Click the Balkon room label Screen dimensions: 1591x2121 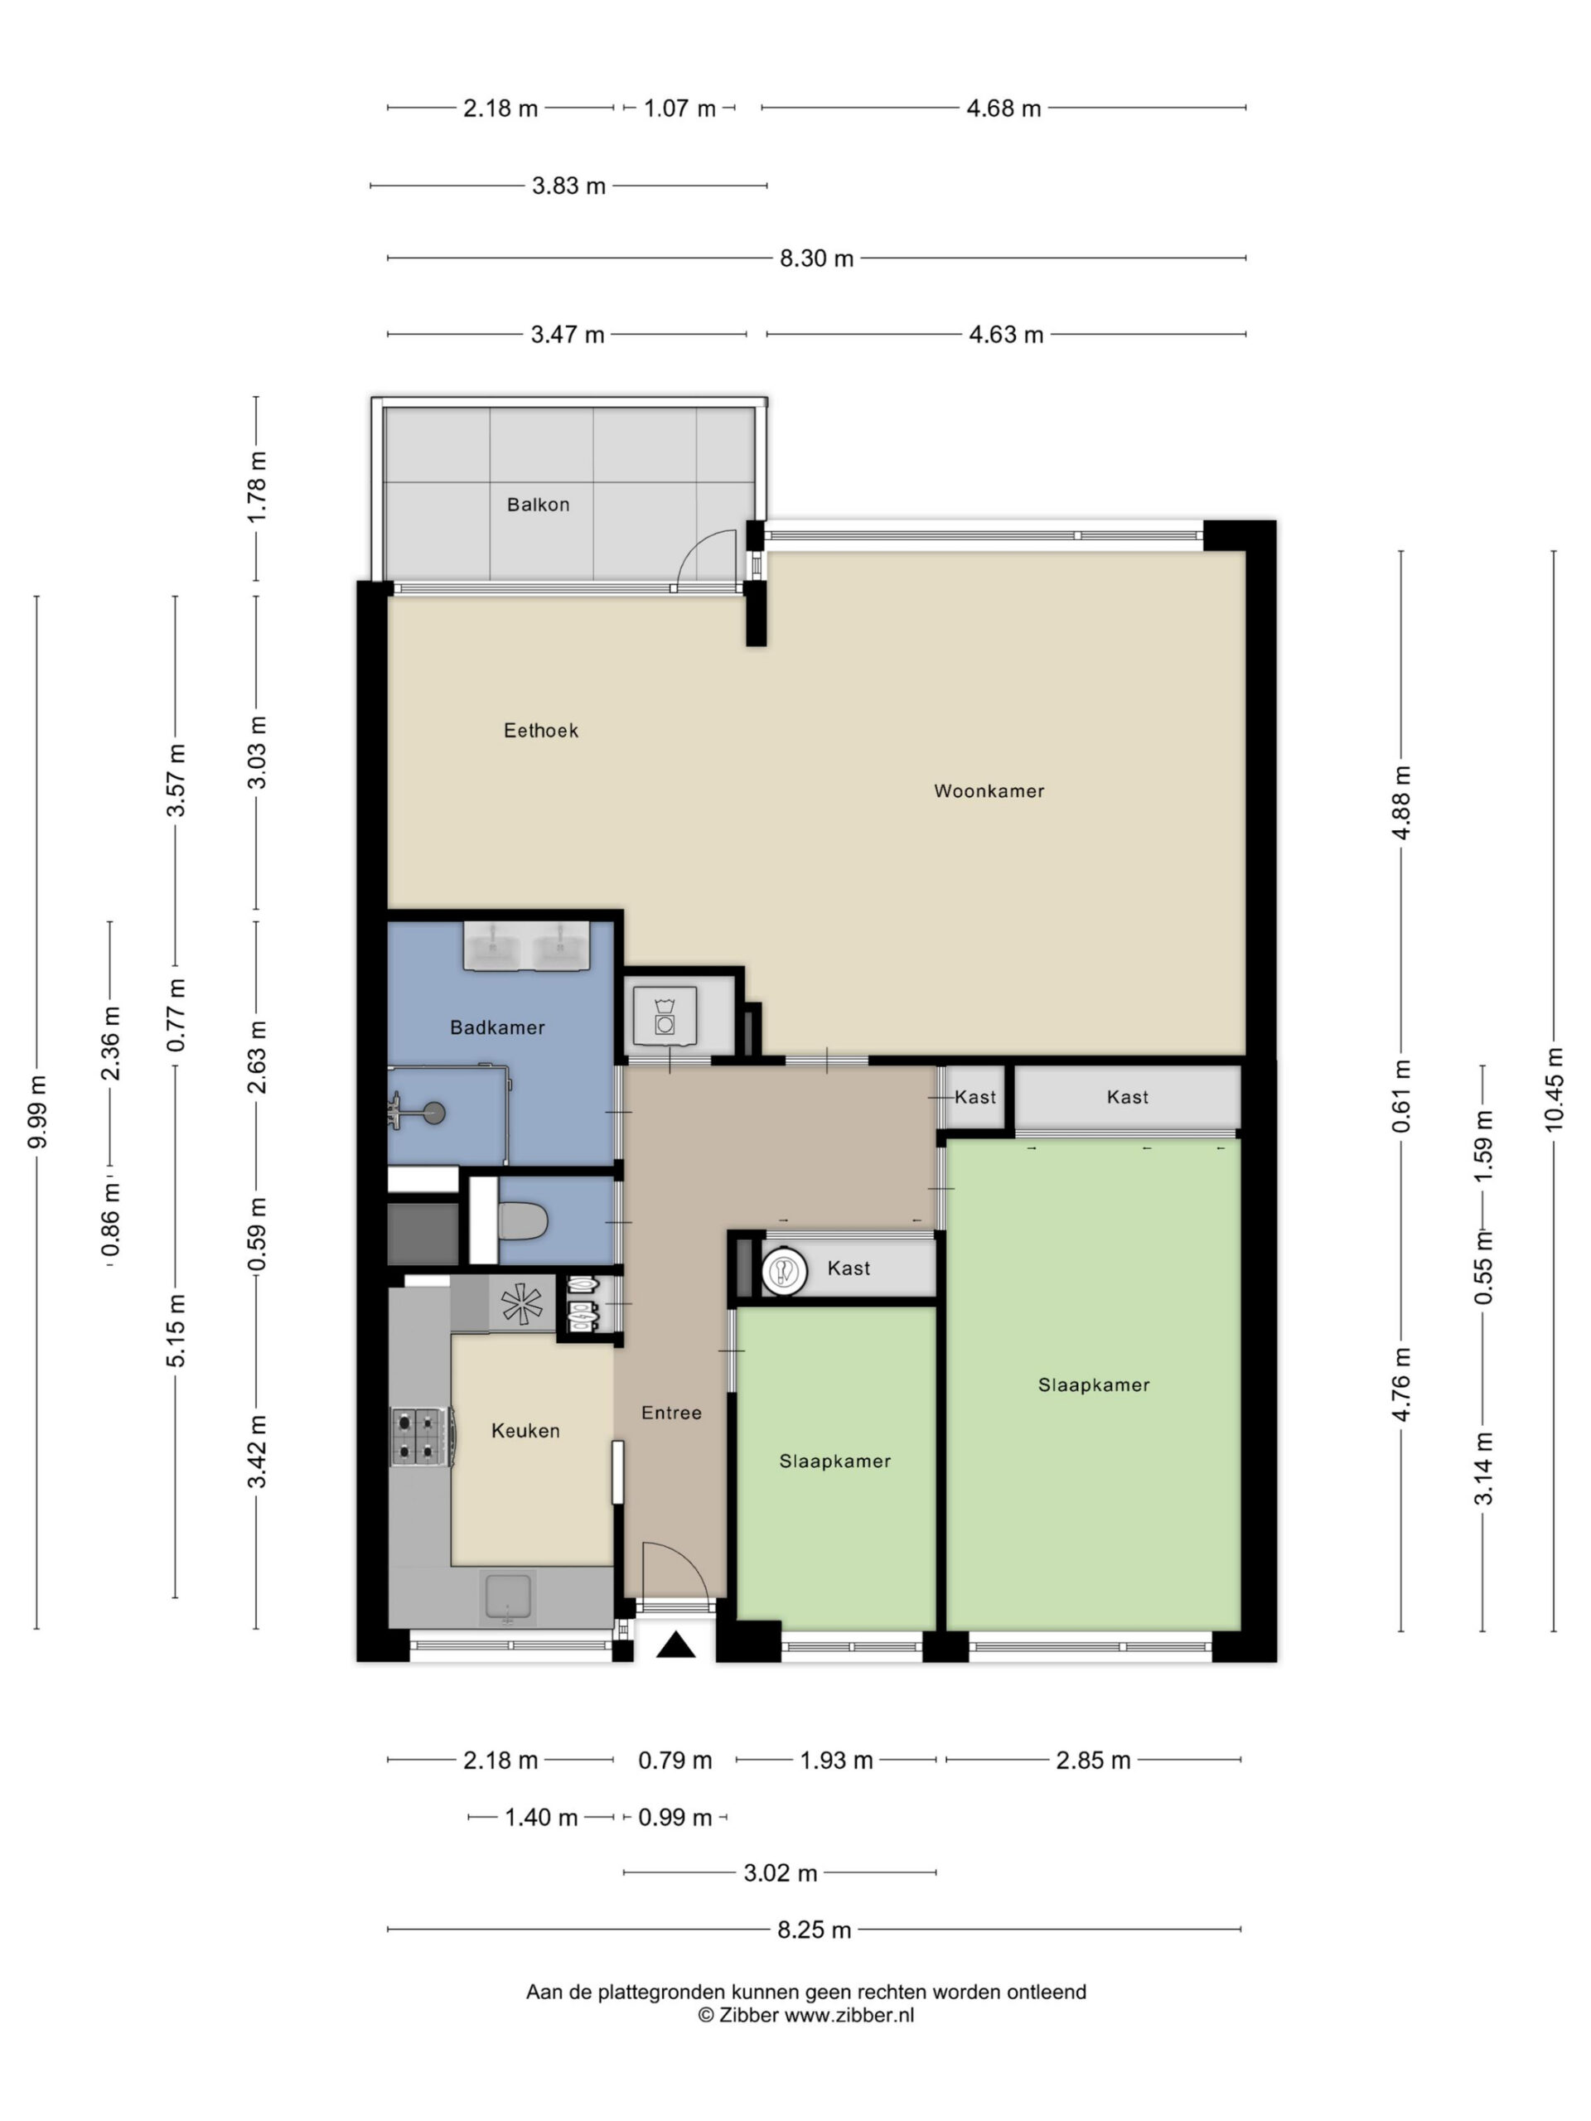tap(538, 505)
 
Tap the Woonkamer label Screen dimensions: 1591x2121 tap(989, 791)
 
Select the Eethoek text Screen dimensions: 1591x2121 tap(541, 731)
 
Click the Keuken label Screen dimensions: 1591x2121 tap(525, 1431)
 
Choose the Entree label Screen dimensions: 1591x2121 tap(671, 1413)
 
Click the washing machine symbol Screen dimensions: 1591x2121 tap(665, 1014)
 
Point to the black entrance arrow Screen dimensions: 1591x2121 tap(675, 1645)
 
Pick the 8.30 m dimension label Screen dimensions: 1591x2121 tap(816, 258)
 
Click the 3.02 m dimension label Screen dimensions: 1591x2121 tap(781, 1872)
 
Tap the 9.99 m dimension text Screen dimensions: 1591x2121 tap(36, 1111)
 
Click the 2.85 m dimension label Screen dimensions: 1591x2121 tap(1093, 1761)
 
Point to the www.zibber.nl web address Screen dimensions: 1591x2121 tap(849, 2015)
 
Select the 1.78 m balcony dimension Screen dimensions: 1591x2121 tap(256, 487)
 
